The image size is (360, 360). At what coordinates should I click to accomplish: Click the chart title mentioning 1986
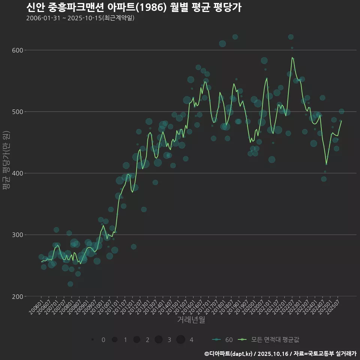[x=133, y=7]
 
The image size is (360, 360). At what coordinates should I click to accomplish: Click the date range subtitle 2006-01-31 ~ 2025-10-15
[x=80, y=18]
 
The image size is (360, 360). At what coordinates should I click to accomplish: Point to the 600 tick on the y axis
[x=18, y=50]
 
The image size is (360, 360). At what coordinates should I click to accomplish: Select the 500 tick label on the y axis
[x=18, y=112]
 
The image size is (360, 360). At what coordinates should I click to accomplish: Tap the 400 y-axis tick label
[x=18, y=173]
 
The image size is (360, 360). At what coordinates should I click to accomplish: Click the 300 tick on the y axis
[x=18, y=235]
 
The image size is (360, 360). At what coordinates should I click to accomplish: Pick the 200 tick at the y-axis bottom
[x=18, y=296]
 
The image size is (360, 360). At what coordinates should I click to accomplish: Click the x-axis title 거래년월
[x=191, y=320]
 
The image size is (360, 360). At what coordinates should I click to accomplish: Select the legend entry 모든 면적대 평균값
[x=270, y=340]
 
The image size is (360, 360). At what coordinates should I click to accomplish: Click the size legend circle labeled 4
[x=181, y=340]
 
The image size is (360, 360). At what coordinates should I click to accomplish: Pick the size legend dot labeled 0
[x=92, y=340]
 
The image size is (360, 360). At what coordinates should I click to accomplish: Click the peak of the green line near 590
[x=292, y=57]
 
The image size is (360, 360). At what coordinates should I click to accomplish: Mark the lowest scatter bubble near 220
[x=70, y=284]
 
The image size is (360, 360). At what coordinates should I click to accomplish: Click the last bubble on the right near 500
[x=341, y=111]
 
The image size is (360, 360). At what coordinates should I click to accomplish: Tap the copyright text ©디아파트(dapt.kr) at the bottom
[x=229, y=354]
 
